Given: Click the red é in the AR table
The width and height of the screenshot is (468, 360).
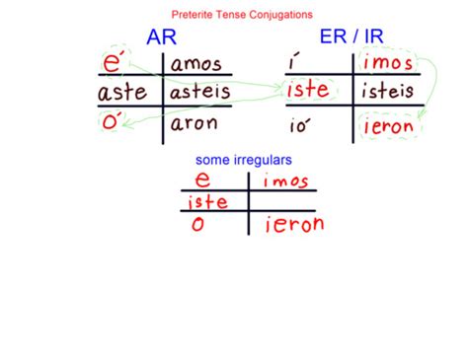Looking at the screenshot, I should pos(116,64).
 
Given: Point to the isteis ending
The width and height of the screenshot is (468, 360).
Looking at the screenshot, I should pos(389,95).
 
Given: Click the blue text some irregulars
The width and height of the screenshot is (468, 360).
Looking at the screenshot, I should pos(242,159).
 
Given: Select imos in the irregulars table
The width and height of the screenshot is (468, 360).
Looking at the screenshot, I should pos(286,180).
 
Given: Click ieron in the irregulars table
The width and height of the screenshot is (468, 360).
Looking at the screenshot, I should pos(293,225).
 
